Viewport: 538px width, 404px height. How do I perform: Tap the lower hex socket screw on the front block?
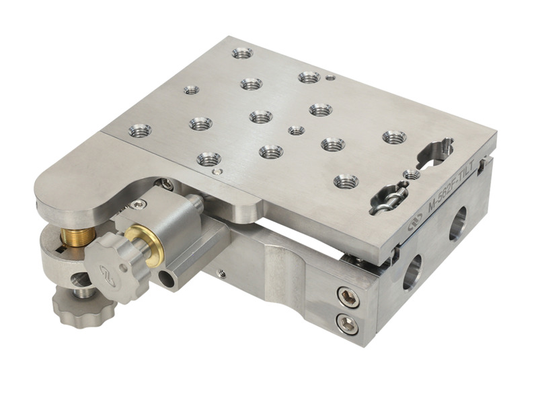coord(347,324)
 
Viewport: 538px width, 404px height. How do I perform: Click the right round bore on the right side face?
coord(460,220)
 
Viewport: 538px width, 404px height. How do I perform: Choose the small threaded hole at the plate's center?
coord(296,130)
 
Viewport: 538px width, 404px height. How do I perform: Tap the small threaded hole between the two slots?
coord(412,174)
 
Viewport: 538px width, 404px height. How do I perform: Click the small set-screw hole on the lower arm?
coord(221,273)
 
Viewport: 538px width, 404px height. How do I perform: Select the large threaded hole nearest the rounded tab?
coord(140,130)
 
